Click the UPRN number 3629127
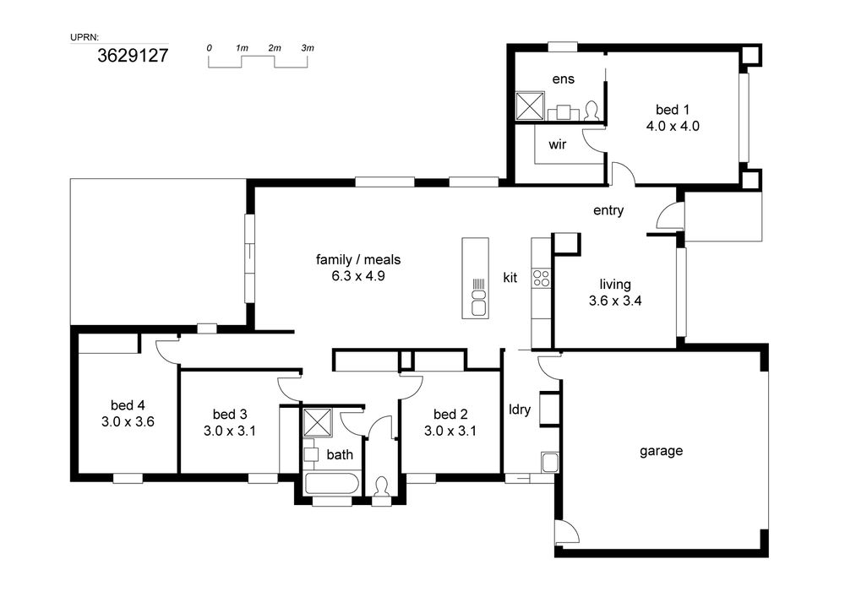pyautogui.click(x=133, y=56)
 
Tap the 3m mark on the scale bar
pyautogui.click(x=308, y=48)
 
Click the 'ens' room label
pyautogui.click(x=563, y=79)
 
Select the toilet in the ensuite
pyautogui.click(x=591, y=111)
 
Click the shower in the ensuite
pyautogui.click(x=531, y=106)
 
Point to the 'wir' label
pyautogui.click(x=557, y=144)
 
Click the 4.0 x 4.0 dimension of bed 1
pyautogui.click(x=673, y=127)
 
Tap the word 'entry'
pyautogui.click(x=608, y=210)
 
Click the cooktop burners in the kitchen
pyautogui.click(x=541, y=278)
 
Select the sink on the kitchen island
pyautogui.click(x=478, y=302)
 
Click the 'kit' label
pyautogui.click(x=510, y=278)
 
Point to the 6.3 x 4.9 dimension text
pyautogui.click(x=357, y=277)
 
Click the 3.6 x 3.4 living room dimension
pyautogui.click(x=615, y=301)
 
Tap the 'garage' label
pyautogui.click(x=662, y=451)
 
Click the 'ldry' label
pyautogui.click(x=520, y=410)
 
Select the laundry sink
pyautogui.click(x=550, y=463)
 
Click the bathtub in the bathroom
pyautogui.click(x=332, y=483)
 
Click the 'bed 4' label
pyautogui.click(x=128, y=405)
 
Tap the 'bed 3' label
pyautogui.click(x=230, y=415)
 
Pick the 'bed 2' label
pyautogui.click(x=450, y=415)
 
